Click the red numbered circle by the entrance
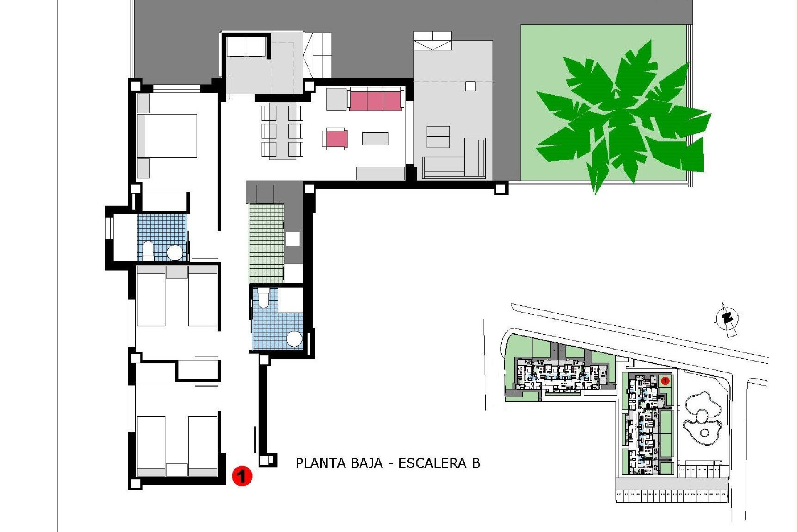click(x=242, y=476)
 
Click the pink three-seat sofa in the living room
click(x=375, y=100)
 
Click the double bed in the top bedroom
click(x=167, y=135)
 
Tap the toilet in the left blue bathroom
click(x=148, y=250)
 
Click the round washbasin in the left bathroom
click(x=175, y=252)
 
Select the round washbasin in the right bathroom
click(x=295, y=339)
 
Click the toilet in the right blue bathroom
click(x=264, y=299)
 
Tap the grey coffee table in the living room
click(x=375, y=138)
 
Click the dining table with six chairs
click(x=283, y=131)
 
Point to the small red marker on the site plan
click(x=664, y=380)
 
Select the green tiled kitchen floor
click(x=266, y=243)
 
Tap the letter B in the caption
click(x=476, y=463)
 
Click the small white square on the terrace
click(x=470, y=86)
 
